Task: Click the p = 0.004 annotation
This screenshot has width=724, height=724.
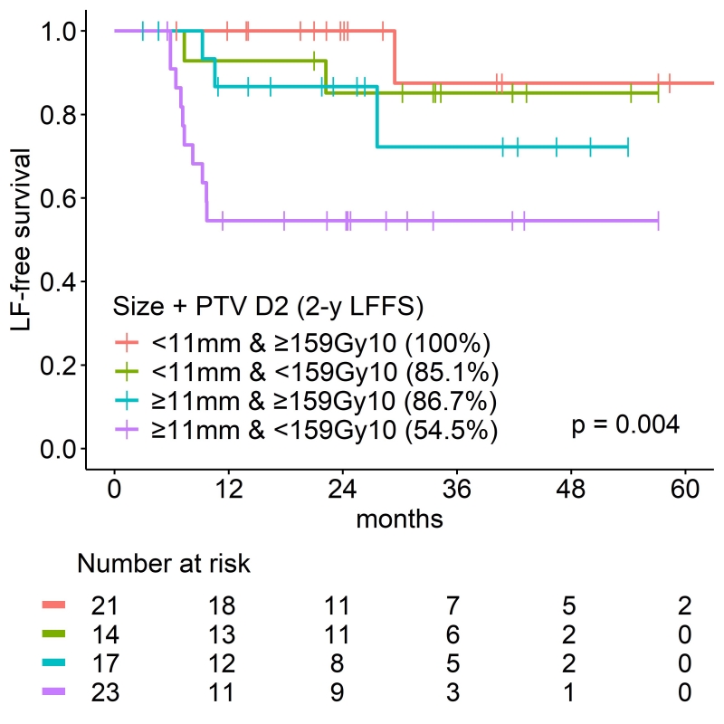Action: tap(624, 424)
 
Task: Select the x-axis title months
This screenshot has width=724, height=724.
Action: tap(399, 519)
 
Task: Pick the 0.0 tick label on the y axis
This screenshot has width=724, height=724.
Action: tap(55, 450)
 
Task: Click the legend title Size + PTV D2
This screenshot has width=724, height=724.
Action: tap(269, 307)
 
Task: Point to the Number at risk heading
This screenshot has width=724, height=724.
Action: tap(164, 564)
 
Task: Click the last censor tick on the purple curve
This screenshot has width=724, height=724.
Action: tap(658, 221)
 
